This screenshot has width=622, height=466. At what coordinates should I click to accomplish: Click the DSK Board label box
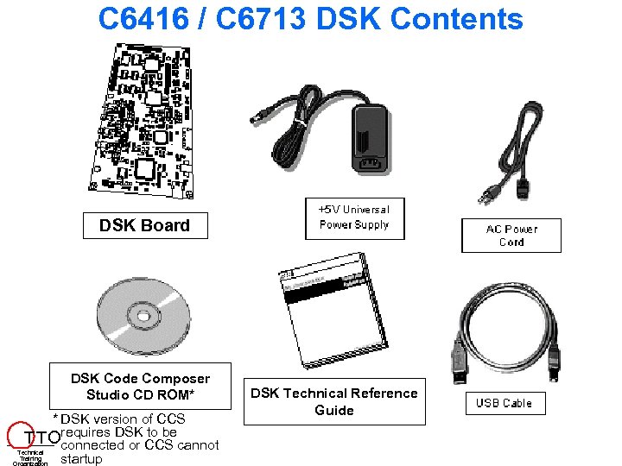(x=143, y=225)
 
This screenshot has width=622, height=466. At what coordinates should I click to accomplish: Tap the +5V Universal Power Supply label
(x=354, y=217)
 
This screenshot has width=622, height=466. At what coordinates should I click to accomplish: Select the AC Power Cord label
(x=511, y=236)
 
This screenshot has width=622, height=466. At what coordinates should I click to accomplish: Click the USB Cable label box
(x=505, y=403)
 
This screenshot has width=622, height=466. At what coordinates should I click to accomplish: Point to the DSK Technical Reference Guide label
(x=333, y=401)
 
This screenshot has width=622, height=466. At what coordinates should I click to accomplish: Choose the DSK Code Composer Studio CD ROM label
(x=140, y=387)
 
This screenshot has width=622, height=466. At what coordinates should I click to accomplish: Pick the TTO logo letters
(x=43, y=435)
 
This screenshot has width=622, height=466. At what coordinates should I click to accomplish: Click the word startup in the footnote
(x=81, y=459)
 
